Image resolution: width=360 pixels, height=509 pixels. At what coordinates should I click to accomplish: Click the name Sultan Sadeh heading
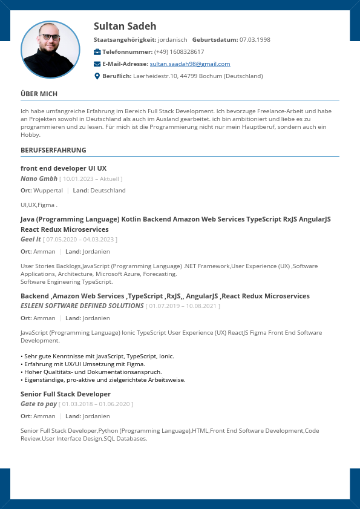(x=125, y=26)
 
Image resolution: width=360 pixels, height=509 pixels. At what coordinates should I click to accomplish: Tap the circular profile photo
(x=50, y=50)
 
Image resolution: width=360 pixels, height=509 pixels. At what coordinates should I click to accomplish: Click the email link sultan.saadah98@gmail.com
(x=190, y=64)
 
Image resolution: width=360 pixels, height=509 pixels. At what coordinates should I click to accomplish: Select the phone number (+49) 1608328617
(x=179, y=52)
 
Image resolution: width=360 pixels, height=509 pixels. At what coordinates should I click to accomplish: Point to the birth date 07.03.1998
(x=255, y=40)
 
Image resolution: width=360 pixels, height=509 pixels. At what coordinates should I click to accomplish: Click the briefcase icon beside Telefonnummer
(x=97, y=52)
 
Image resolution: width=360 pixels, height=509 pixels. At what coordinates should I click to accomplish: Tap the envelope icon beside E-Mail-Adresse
(x=97, y=64)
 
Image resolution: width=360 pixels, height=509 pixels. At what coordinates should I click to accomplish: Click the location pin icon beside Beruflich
(x=97, y=76)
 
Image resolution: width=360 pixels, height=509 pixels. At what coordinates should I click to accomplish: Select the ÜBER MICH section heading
(x=39, y=94)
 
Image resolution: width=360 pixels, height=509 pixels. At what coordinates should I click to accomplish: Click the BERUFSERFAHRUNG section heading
(x=53, y=150)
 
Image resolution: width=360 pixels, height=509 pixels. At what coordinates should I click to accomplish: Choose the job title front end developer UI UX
(x=64, y=168)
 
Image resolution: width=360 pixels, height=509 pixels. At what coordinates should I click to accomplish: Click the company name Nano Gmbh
(x=39, y=179)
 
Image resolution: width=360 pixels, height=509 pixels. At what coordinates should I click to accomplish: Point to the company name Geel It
(x=31, y=240)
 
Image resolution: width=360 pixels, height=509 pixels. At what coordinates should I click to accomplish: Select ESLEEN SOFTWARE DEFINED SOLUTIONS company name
(x=82, y=306)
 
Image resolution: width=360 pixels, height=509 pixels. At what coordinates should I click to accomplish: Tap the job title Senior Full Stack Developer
(x=65, y=394)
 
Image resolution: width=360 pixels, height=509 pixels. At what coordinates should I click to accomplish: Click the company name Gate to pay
(x=39, y=404)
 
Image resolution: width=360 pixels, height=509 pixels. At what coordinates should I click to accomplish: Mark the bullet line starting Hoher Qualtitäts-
(x=93, y=372)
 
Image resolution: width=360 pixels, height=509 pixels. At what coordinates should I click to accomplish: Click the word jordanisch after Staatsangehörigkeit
(x=172, y=40)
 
